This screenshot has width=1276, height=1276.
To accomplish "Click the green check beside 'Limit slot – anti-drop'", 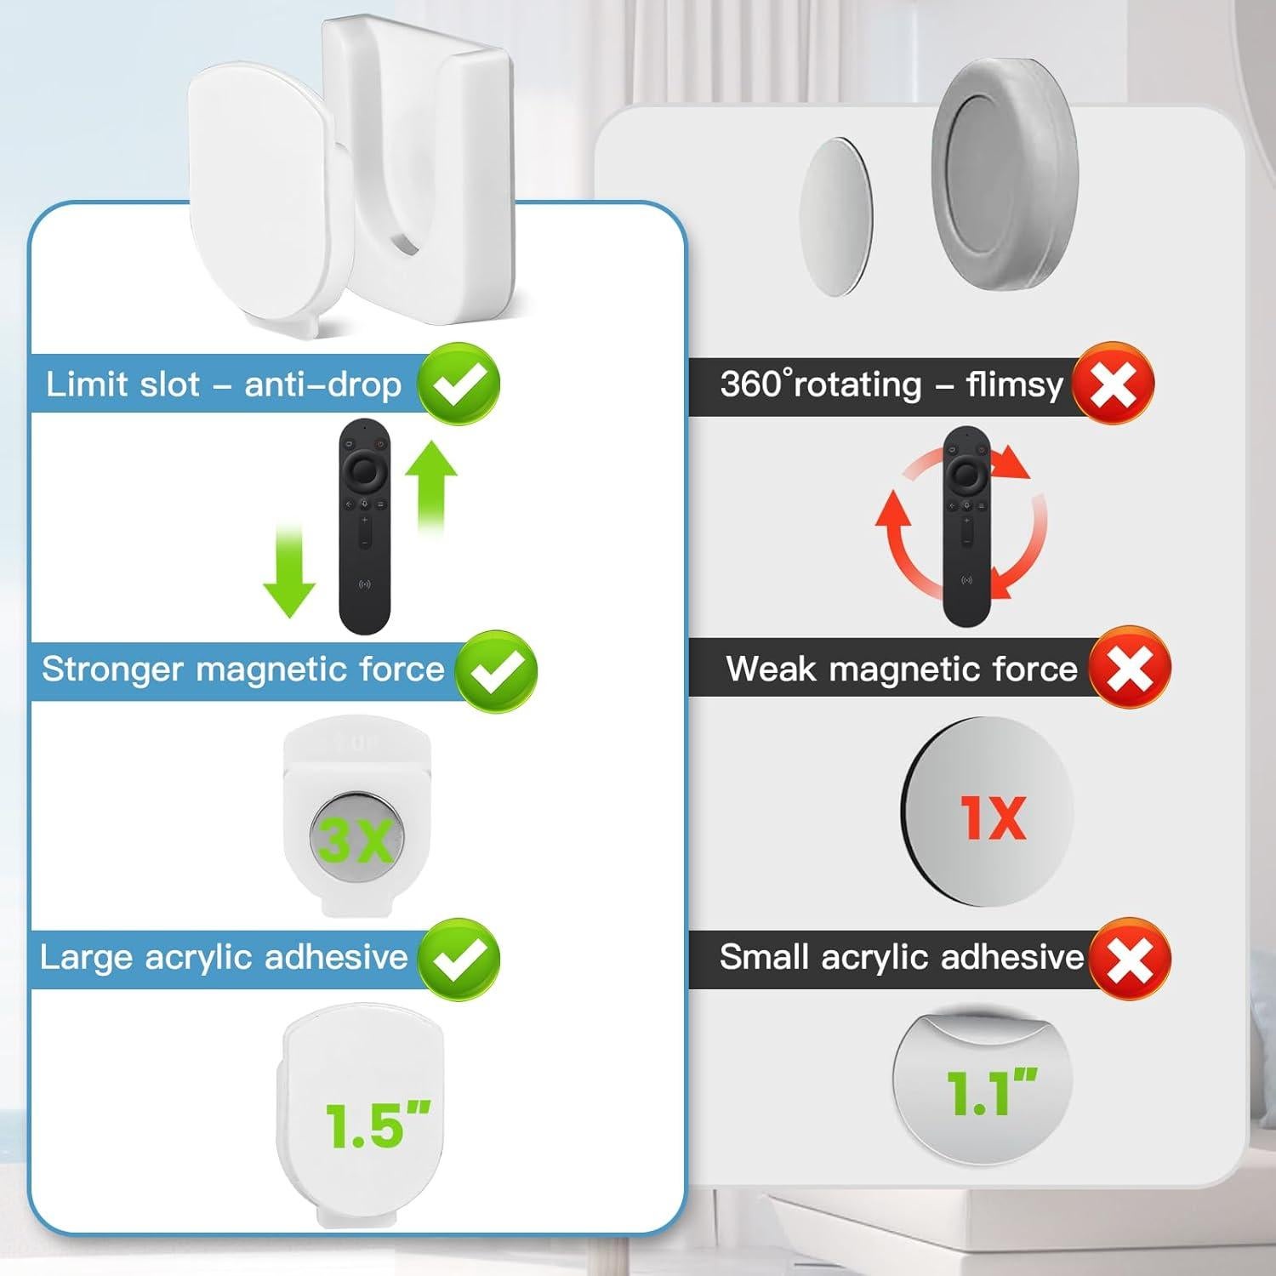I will coord(459,384).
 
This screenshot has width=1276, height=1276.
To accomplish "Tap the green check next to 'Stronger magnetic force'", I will coord(496,671).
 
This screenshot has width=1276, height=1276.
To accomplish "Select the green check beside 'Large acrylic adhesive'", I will coord(459,959).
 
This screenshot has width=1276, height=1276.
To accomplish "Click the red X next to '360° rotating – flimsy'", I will coord(1113,384).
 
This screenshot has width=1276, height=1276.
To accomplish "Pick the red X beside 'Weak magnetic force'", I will coord(1130,669).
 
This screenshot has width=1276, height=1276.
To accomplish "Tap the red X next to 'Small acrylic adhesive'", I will coord(1130,959).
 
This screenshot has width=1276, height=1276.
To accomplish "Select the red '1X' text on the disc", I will coord(993,817).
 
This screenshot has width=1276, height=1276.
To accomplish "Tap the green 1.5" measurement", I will coord(377,1125).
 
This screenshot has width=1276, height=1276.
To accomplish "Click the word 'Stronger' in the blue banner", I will coord(112,669).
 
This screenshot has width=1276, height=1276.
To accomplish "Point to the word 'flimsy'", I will coord(1015,385).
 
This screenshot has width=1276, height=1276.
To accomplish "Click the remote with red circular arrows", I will coord(966,527).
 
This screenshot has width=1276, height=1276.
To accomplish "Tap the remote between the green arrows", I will coord(365,528).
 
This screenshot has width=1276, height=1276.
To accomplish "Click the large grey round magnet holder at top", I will coord(1005,179).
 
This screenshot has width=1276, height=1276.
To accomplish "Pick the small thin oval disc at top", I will coord(836,216).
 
